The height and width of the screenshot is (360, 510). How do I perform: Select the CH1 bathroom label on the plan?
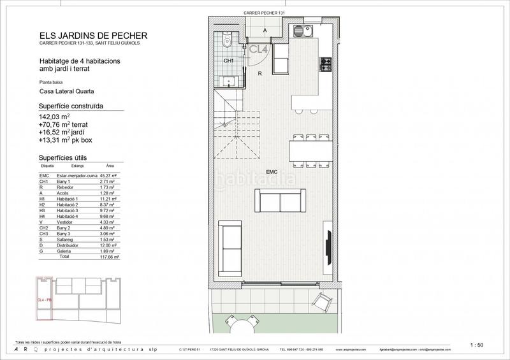click(229, 61)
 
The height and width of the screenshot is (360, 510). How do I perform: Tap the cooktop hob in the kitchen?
click(326, 64)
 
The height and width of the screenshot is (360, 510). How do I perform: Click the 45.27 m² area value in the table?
click(113, 176)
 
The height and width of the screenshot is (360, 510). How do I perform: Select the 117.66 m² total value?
click(112, 257)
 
